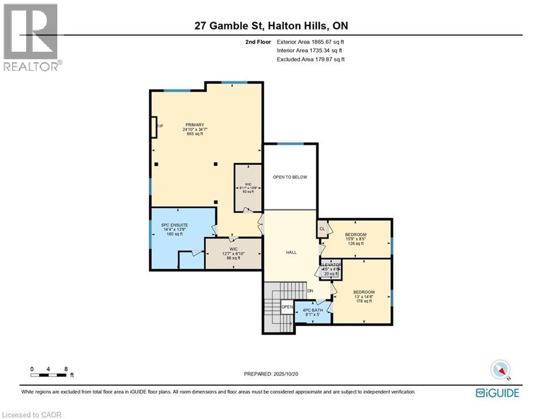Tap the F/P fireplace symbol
click(155, 127)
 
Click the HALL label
click(291, 253)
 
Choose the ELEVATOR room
click(331, 269)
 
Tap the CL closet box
click(322, 229)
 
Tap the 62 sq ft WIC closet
click(248, 188)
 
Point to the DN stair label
click(310, 291)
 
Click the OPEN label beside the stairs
click(287, 307)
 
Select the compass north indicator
click(500, 369)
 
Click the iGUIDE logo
click(497, 393)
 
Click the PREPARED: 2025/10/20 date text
click(271, 374)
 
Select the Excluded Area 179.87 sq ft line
click(310, 59)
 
